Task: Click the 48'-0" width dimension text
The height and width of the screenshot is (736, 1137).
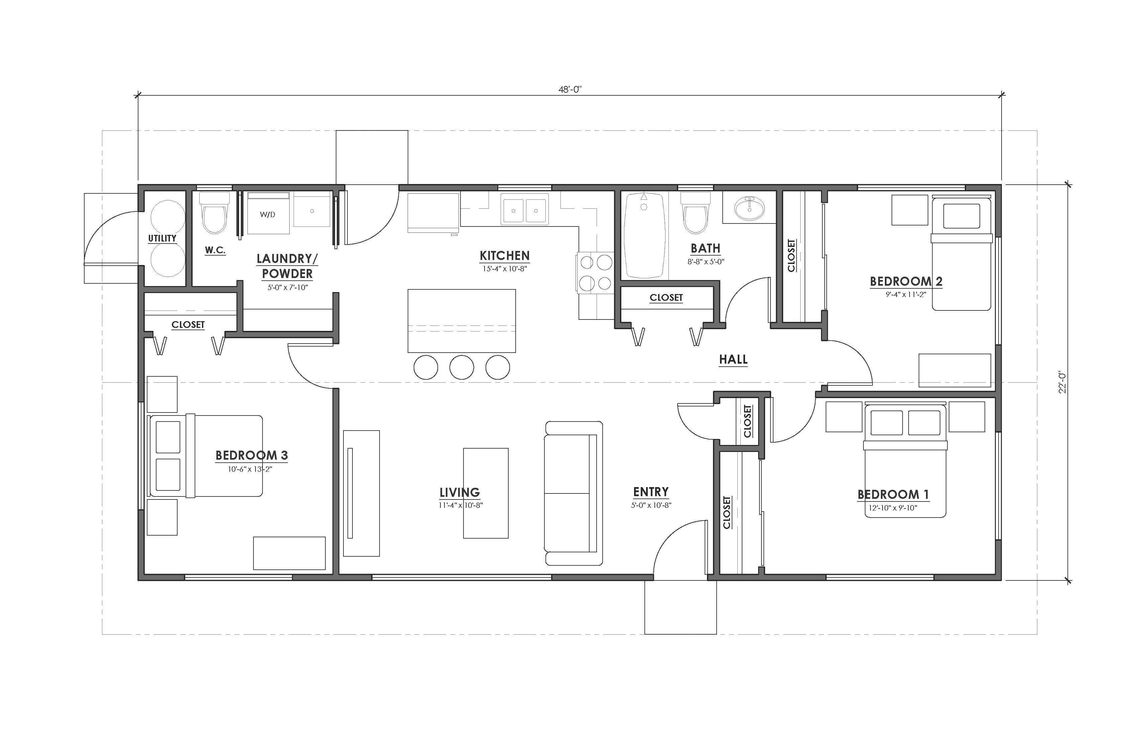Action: pos(570,89)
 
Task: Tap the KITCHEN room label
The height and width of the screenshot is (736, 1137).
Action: pos(505,256)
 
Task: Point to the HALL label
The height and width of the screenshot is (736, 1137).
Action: pos(733,359)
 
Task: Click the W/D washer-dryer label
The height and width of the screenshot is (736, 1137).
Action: pos(268,214)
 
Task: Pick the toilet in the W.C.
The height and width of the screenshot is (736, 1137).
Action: pos(214,213)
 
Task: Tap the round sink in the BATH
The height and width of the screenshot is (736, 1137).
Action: pos(749,208)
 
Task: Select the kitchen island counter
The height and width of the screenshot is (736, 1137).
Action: pos(461,321)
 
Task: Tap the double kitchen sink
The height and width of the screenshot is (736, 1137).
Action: pos(525,209)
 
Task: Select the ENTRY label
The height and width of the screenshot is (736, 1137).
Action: pos(651,492)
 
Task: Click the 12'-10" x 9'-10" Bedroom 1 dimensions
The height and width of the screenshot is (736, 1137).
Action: pos(893,508)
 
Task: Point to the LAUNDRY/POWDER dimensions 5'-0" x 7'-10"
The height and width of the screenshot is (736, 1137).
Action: pos(288,288)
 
